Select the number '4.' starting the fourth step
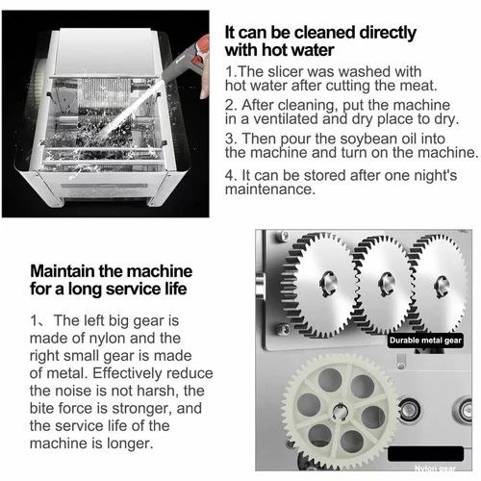tap(231, 174)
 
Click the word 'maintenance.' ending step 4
tap(268, 190)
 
